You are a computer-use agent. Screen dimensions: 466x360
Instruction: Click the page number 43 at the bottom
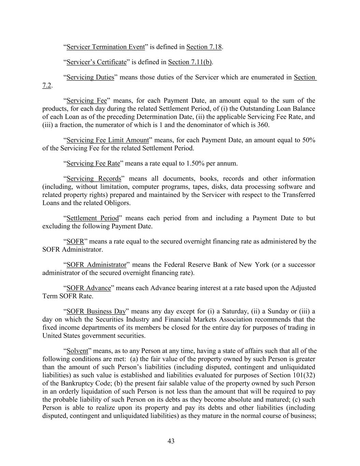(171, 441)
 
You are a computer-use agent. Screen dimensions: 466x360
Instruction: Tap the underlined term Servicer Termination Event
(105, 47)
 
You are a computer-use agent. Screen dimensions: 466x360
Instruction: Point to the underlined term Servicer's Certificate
(97, 62)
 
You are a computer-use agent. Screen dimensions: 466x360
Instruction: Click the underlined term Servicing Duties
(90, 77)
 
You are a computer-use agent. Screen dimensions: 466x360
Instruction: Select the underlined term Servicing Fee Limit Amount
(108, 140)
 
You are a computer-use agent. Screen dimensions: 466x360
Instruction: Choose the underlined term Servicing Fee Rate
(93, 163)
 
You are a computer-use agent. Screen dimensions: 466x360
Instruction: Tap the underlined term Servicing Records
(94, 179)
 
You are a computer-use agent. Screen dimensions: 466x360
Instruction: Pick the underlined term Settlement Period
(92, 218)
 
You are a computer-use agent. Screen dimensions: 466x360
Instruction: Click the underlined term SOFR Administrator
(97, 265)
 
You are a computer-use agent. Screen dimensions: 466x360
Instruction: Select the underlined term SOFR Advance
(89, 288)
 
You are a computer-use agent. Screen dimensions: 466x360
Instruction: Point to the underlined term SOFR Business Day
(96, 311)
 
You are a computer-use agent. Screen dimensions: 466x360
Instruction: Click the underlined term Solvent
(77, 351)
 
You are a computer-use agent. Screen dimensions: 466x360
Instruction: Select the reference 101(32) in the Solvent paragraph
(303, 375)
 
